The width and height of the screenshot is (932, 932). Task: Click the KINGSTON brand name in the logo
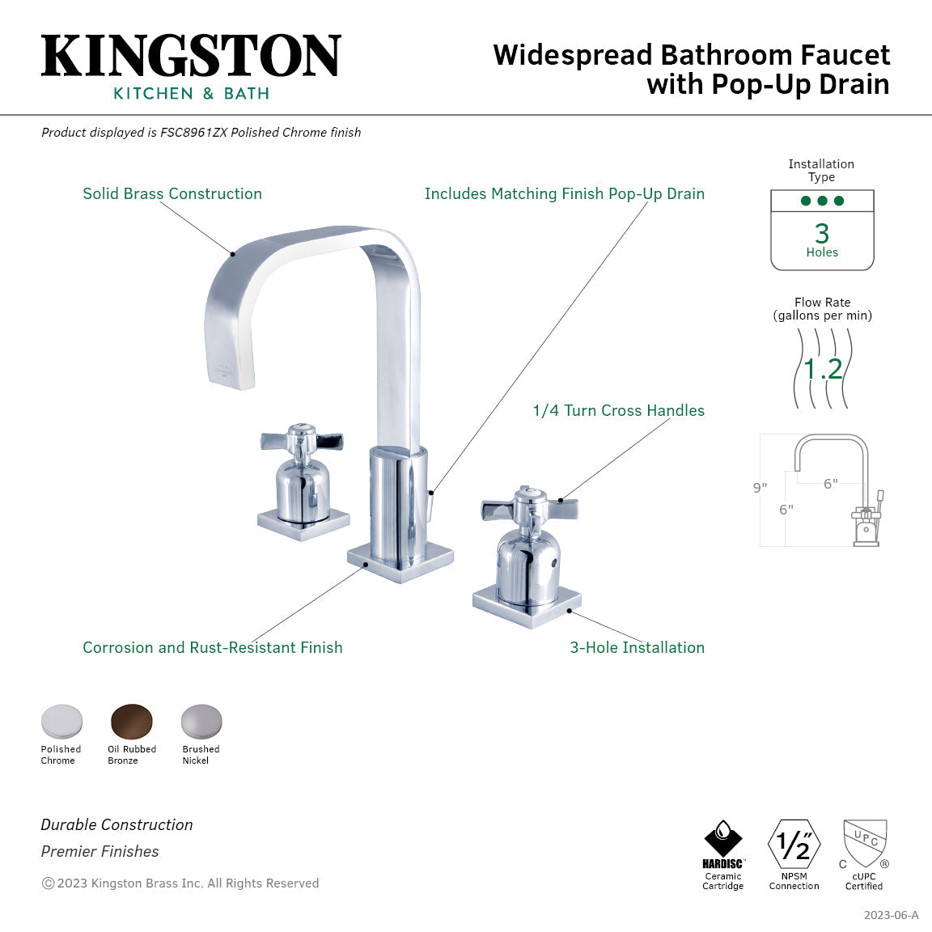click(191, 57)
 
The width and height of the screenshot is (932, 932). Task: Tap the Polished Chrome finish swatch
click(61, 721)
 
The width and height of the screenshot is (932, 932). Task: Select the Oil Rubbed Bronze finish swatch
click(131, 721)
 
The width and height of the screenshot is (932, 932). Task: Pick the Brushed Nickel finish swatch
click(201, 721)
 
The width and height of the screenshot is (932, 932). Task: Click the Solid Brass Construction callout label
click(172, 193)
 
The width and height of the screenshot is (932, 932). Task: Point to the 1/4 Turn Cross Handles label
click(618, 410)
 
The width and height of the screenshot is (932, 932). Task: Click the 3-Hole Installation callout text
click(637, 647)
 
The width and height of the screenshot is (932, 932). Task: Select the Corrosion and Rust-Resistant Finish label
click(213, 647)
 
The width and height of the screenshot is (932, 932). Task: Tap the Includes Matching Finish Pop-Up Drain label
click(564, 193)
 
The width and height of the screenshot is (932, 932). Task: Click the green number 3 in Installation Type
click(822, 234)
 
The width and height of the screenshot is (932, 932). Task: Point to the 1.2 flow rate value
click(823, 369)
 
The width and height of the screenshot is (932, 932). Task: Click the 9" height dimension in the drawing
click(760, 488)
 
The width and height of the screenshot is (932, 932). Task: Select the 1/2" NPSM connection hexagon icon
click(794, 845)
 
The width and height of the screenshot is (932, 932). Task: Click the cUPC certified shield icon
click(865, 844)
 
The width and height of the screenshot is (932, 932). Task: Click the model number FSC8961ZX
click(193, 133)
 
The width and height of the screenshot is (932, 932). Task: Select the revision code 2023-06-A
click(891, 915)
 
